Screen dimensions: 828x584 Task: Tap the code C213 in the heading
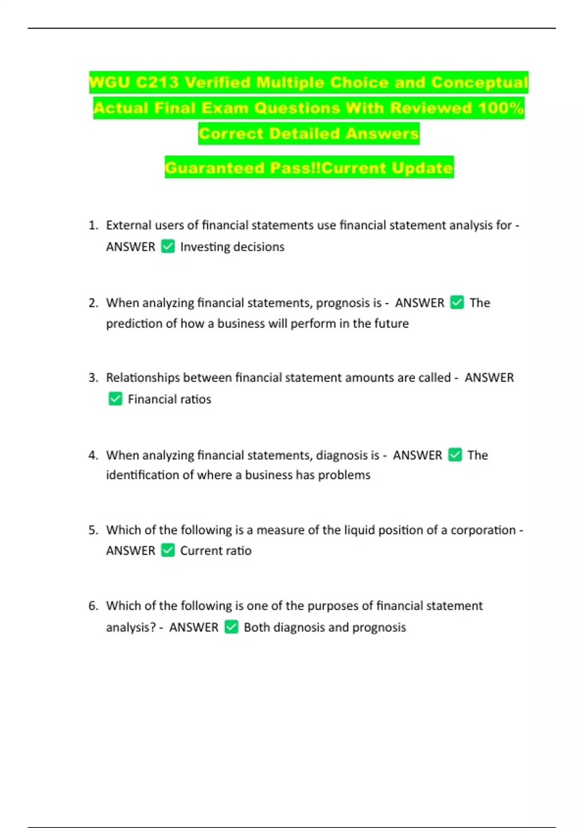(157, 82)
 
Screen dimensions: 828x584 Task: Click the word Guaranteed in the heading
(215, 168)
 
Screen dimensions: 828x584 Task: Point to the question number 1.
(93, 226)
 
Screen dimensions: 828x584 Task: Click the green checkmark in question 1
(168, 246)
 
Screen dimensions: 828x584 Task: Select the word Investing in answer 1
(205, 247)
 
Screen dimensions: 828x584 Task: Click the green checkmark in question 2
(457, 302)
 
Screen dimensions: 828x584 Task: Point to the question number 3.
(93, 378)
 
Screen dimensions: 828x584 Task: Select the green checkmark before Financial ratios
(115, 399)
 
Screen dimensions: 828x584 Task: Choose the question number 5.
(93, 530)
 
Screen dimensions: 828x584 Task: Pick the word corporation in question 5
(483, 530)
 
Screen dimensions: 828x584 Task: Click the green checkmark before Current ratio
(168, 550)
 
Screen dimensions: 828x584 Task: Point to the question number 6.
(93, 606)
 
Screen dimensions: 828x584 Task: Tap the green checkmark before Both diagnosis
(232, 627)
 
